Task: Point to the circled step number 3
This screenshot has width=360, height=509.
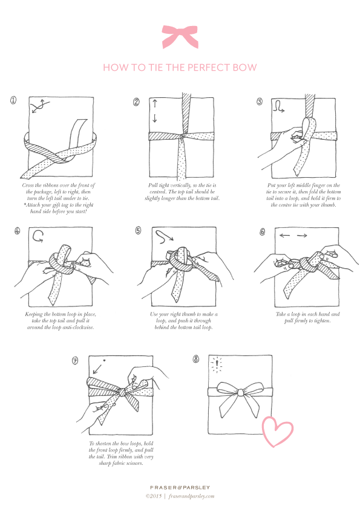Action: [259, 102]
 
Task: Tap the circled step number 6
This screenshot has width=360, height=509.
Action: [261, 231]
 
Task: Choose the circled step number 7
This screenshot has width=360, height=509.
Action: [75, 360]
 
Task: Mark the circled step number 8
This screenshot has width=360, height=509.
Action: [196, 358]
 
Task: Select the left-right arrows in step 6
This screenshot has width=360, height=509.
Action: [293, 235]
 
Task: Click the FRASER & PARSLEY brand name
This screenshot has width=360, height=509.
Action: [180, 487]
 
